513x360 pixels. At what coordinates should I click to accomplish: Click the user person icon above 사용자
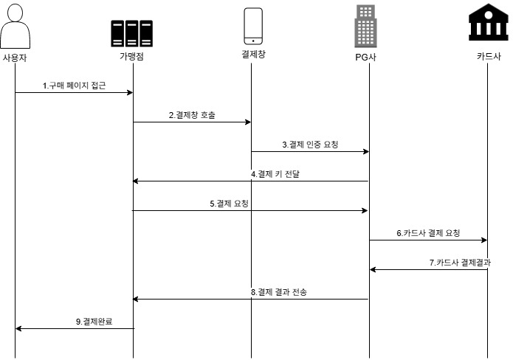coord(16,27)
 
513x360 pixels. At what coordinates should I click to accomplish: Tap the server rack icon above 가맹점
coord(132,33)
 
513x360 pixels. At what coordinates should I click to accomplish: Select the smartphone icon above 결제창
coord(252,27)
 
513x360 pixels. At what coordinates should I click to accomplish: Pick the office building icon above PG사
coord(365,26)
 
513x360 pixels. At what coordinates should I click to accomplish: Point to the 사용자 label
coord(15,57)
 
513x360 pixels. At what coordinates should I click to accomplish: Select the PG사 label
coord(365,58)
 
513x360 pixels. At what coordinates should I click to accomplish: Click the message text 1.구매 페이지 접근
coord(74,86)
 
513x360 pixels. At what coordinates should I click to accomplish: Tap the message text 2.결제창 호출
coord(192,115)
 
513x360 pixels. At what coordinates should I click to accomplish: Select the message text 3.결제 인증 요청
coord(310,145)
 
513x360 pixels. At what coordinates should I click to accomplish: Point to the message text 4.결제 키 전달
coord(275,174)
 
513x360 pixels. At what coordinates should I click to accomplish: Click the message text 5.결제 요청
coord(229,204)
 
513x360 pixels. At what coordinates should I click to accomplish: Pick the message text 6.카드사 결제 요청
coord(428,233)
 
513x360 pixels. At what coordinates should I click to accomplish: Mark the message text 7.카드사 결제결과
coord(460,263)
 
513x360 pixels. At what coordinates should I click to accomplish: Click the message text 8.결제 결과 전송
coord(278,292)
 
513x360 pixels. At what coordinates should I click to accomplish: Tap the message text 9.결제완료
coord(94,322)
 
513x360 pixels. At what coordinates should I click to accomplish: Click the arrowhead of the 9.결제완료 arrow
coord(19,328)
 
